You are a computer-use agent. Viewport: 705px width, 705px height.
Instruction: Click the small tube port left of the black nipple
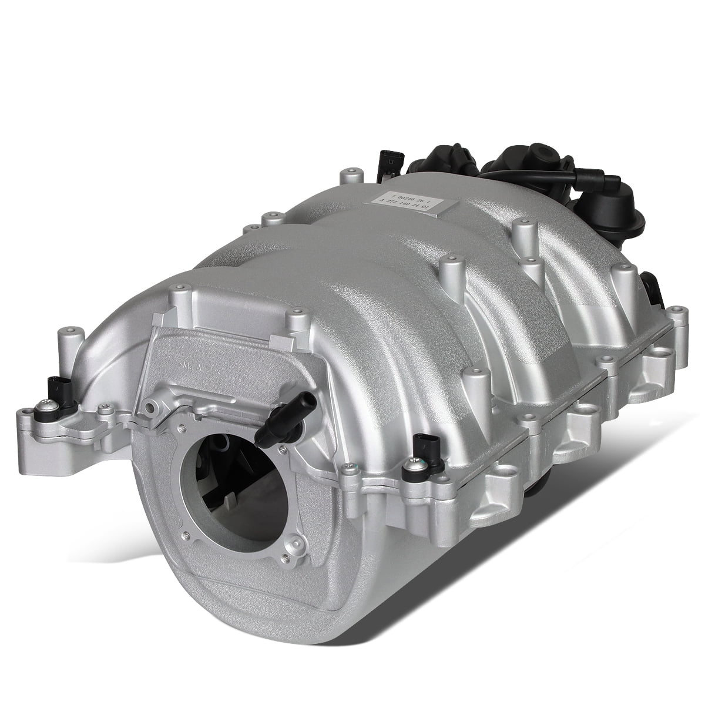tap(154, 404)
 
